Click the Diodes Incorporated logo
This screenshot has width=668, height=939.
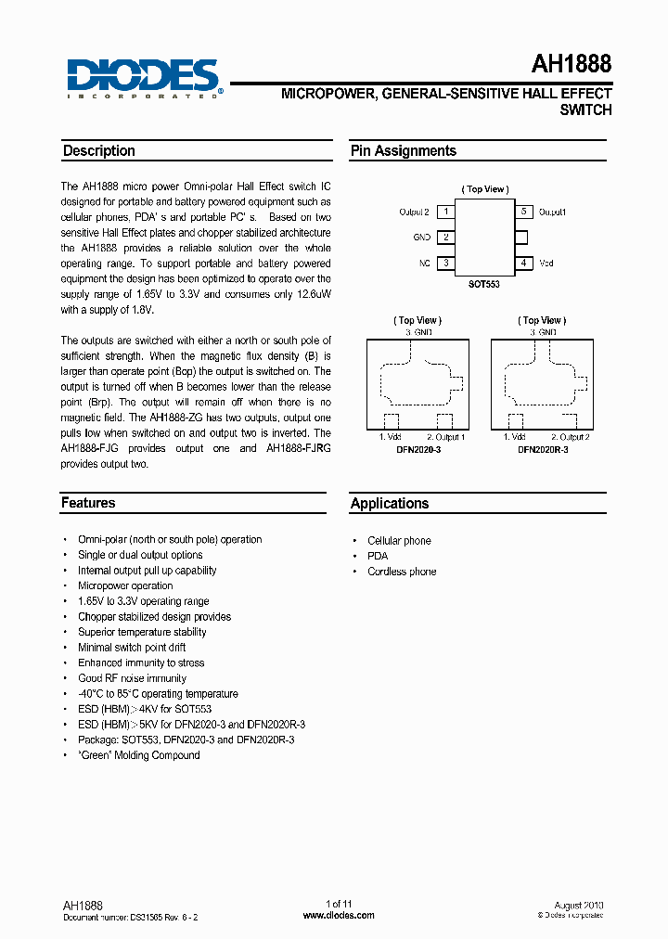point(142,77)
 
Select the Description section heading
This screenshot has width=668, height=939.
point(98,151)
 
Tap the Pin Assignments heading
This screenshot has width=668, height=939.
point(403,151)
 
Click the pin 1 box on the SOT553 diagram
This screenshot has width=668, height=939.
point(446,212)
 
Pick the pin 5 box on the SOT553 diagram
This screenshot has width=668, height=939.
point(524,212)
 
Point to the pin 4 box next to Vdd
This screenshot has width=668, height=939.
point(524,264)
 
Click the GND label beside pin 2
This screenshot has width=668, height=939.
point(421,238)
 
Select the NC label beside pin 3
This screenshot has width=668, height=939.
point(424,264)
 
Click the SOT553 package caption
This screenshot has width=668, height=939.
point(484,285)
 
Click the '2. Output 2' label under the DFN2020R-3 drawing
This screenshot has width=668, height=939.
point(571,437)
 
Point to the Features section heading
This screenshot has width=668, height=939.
point(88,503)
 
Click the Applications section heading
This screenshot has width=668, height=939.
point(390,504)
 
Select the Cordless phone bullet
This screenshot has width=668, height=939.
point(402,572)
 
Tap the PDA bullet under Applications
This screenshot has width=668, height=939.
point(378,556)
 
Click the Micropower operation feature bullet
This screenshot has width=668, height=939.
point(125,585)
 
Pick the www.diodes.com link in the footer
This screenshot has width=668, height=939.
point(339,915)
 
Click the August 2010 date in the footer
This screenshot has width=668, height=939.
point(578,905)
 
